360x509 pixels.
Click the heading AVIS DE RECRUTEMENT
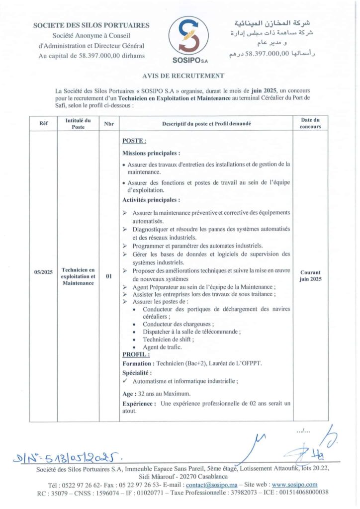pyautogui.click(x=180, y=76)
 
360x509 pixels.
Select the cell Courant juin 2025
pyautogui.click(x=310, y=276)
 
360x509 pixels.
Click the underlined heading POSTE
pyautogui.click(x=134, y=142)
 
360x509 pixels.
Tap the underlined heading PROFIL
pyautogui.click(x=136, y=354)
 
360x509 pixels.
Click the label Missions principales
pyautogui.click(x=151, y=154)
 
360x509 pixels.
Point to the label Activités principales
pyautogui.click(x=151, y=200)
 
